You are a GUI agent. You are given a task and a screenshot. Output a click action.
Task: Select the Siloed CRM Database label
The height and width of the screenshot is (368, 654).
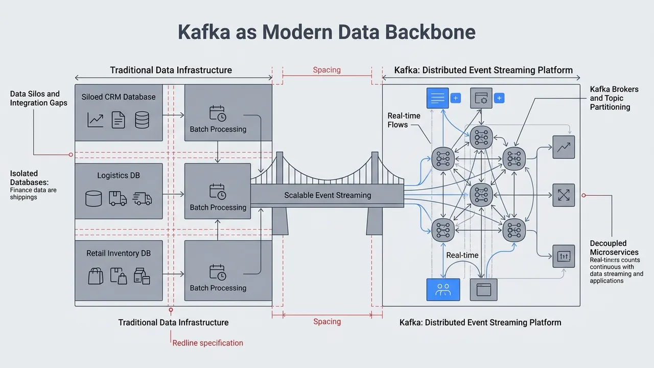(119, 97)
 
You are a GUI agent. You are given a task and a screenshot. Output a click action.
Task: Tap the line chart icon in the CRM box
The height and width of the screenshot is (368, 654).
(96, 121)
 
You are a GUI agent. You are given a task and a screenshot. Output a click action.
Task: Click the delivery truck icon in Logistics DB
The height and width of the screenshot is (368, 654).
(118, 198)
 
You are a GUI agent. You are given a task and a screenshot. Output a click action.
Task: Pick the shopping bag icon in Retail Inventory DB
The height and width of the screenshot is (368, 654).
(96, 277)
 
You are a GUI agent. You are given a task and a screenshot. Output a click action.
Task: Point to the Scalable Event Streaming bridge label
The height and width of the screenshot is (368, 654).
(328, 195)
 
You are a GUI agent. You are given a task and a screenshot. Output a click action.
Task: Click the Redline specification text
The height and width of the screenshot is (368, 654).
(208, 343)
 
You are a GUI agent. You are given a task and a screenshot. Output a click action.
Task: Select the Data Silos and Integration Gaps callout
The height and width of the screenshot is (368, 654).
(35, 98)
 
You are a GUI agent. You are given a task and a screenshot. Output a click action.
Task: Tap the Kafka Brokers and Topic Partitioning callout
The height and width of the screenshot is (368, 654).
(614, 98)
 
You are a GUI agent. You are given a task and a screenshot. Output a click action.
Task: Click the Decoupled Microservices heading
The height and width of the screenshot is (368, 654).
(614, 248)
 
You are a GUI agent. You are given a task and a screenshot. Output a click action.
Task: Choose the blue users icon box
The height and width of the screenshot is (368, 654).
(443, 290)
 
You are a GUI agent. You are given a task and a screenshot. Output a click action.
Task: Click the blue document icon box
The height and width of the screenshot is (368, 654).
(437, 98)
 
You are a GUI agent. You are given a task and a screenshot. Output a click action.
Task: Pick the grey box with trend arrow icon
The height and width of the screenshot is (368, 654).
(564, 147)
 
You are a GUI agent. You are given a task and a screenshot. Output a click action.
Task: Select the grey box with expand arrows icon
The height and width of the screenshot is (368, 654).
(564, 195)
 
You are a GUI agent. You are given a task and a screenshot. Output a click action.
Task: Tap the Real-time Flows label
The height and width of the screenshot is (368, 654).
(404, 120)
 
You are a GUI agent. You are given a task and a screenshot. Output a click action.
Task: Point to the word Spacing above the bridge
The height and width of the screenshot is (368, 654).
(326, 70)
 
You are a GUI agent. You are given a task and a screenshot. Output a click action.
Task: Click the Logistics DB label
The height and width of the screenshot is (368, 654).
(119, 175)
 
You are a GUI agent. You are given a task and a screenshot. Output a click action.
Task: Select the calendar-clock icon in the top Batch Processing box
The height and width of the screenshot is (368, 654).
(218, 113)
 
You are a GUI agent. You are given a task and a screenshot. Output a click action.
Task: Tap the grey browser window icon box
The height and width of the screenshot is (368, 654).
(483, 290)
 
